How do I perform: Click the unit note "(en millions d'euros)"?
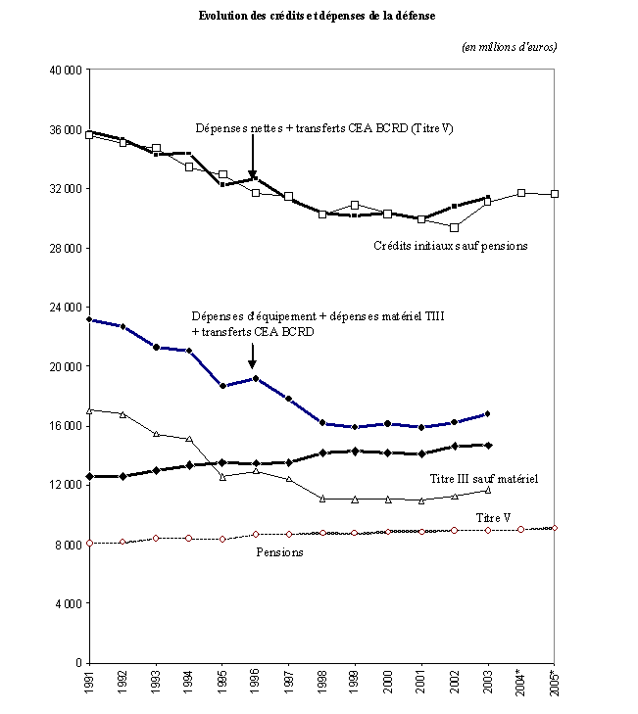click(509, 47)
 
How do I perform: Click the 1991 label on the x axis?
click(89, 682)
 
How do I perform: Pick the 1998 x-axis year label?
click(322, 682)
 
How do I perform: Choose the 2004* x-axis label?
click(521, 684)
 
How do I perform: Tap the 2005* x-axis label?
click(555, 684)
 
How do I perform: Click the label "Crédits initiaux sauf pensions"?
click(451, 246)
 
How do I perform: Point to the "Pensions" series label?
click(279, 552)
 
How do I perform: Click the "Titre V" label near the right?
click(494, 518)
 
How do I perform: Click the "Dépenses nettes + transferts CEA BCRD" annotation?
click(323, 128)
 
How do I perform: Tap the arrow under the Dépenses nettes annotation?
click(253, 157)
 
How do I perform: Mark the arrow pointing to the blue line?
click(252, 357)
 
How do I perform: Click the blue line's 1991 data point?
click(89, 319)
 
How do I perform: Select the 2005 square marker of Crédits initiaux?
click(555, 194)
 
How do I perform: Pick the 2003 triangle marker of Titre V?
click(488, 490)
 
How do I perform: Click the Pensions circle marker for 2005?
click(555, 528)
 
